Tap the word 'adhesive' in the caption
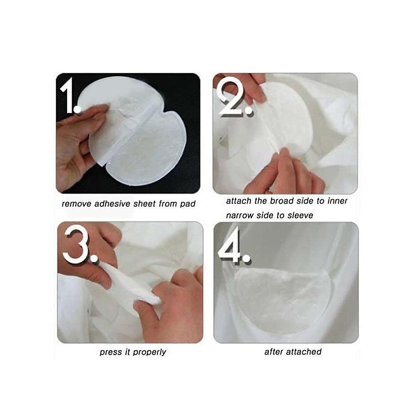tap(110, 204)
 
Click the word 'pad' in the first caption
tap(188, 204)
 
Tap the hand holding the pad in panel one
tap(77, 141)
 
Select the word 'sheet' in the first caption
tap(143, 204)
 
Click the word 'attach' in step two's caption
tap(238, 201)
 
